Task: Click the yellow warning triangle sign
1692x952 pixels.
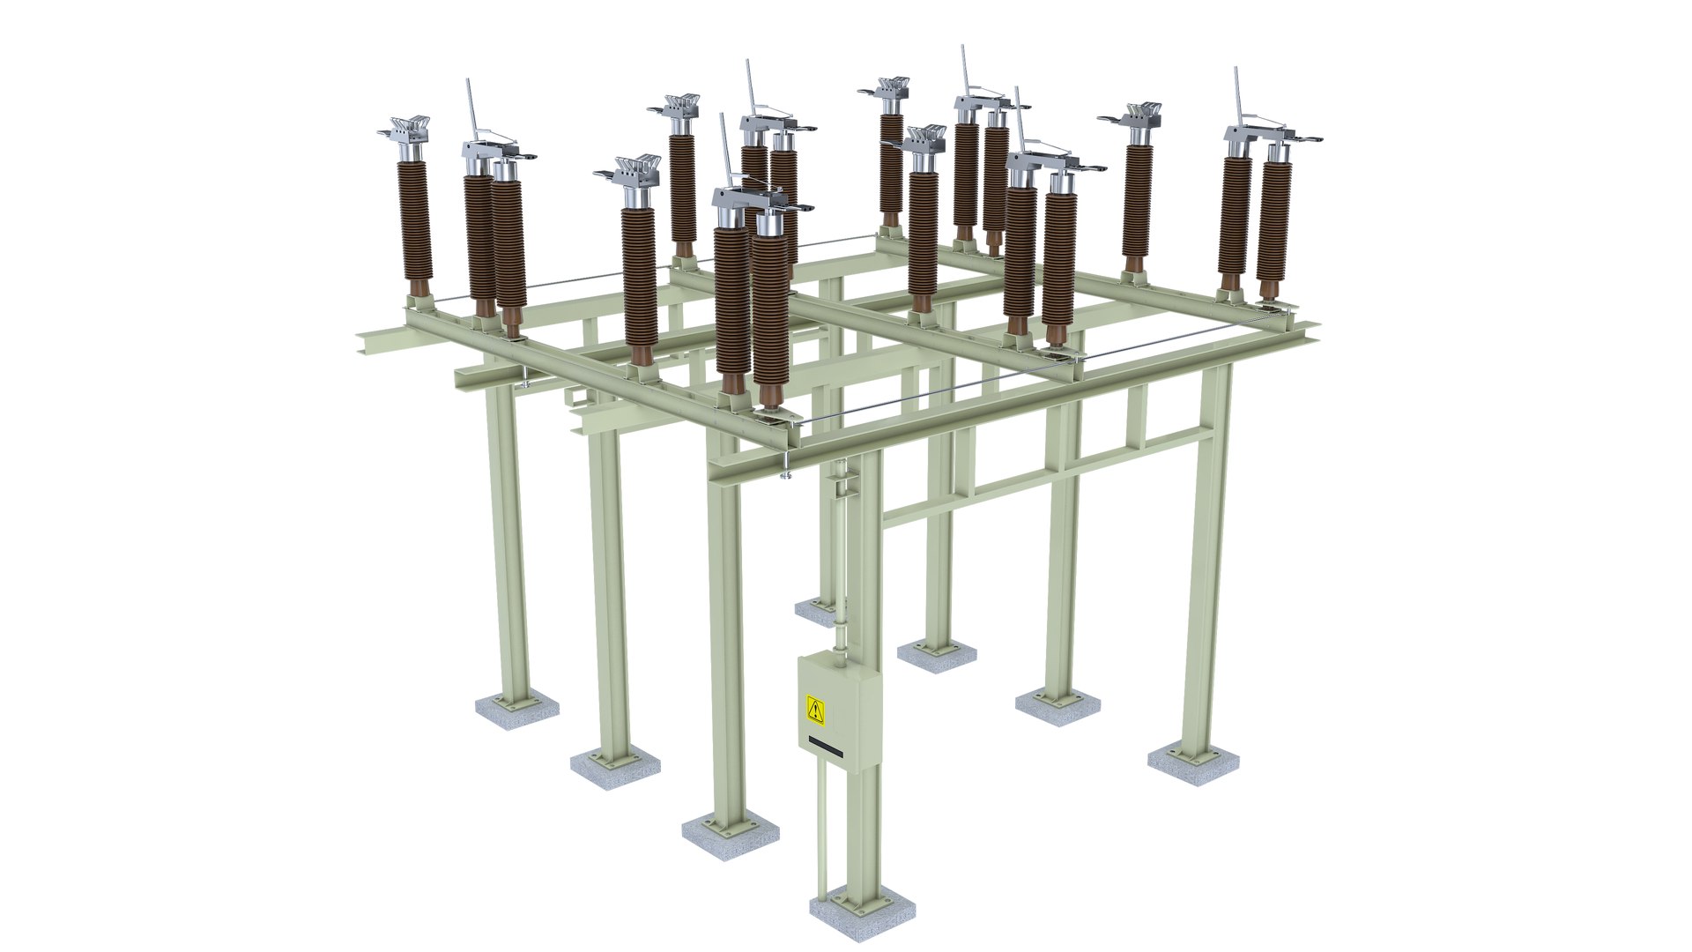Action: pyautogui.click(x=816, y=708)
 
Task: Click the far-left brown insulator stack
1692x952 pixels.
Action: pyautogui.click(x=415, y=220)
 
